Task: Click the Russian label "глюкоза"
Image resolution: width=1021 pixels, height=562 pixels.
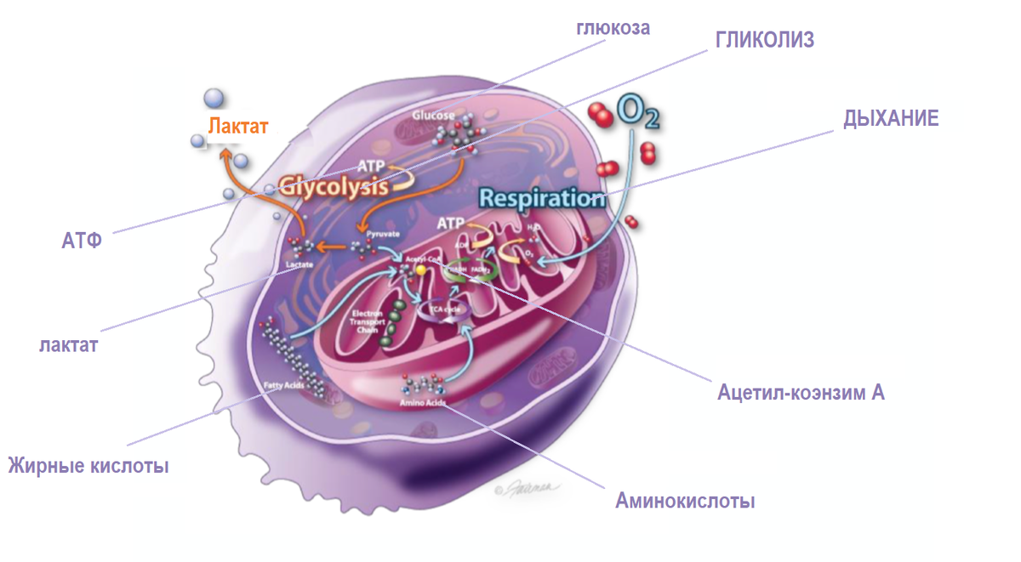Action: click(612, 28)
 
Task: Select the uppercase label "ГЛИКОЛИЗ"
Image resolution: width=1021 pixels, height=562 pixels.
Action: click(764, 40)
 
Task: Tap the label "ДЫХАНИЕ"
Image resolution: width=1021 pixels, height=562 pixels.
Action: click(891, 118)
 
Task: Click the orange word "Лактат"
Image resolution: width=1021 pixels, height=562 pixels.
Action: click(239, 127)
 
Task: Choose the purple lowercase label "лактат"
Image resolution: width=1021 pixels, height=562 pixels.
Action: click(69, 345)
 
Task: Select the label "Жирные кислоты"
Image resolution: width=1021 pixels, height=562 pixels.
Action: click(88, 466)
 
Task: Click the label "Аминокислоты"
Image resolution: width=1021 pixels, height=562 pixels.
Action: click(685, 501)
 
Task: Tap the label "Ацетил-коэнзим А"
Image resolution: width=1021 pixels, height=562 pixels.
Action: click(801, 393)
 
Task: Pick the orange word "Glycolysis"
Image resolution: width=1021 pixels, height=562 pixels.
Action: click(334, 185)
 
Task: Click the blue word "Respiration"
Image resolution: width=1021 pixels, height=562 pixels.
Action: click(541, 198)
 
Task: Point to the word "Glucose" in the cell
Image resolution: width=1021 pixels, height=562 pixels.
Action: click(433, 115)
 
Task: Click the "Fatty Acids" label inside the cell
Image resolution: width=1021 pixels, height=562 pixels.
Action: click(283, 385)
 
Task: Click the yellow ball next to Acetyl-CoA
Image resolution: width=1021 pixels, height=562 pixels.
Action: click(420, 270)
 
